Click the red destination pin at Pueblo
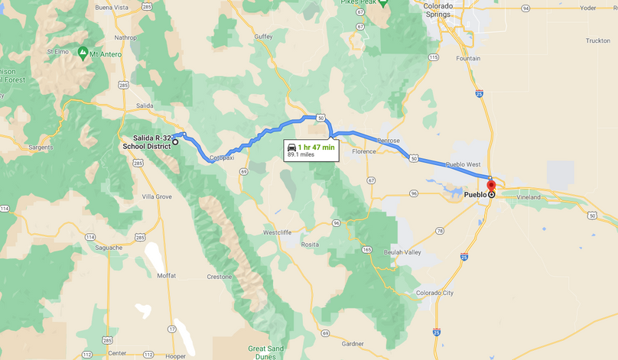pyautogui.click(x=491, y=186)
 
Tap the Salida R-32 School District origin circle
pyautogui.click(x=175, y=142)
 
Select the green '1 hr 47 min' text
pyautogui.click(x=317, y=147)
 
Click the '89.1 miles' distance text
pyautogui.click(x=301, y=154)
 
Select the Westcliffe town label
pyautogui.click(x=278, y=232)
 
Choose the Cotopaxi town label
pyautogui.click(x=220, y=157)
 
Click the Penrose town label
pyautogui.click(x=388, y=141)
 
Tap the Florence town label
pyautogui.click(x=364, y=151)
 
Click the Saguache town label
pyautogui.click(x=108, y=247)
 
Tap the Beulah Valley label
pyautogui.click(x=402, y=251)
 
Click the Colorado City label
pyautogui.click(x=434, y=292)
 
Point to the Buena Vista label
pyautogui.click(x=112, y=7)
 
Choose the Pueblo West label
pyautogui.click(x=463, y=164)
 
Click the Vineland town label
pyautogui.click(x=527, y=196)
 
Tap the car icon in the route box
pyautogui.click(x=291, y=146)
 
